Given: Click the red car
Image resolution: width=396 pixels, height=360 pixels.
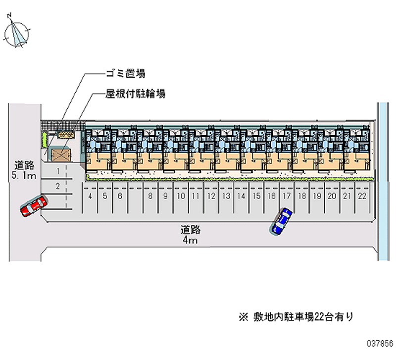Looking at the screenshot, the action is tap(34, 205).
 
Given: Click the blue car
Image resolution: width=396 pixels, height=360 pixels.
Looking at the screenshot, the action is tap(281, 220).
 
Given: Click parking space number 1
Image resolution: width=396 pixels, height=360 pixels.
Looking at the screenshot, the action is tap(58, 171).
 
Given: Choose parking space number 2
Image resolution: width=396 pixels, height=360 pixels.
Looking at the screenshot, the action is tap(58, 186).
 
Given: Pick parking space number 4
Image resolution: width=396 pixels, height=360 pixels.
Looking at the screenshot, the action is tap(90, 196).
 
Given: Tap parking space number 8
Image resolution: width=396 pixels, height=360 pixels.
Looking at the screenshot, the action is tap(150, 196).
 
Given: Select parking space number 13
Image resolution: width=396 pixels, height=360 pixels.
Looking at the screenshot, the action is tap(226, 196).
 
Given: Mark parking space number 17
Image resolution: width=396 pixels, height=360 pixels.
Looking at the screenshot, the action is tap(286, 196).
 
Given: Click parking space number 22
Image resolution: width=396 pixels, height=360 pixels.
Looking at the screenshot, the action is tap(362, 196).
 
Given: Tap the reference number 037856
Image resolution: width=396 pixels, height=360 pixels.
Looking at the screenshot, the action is tap(378, 342).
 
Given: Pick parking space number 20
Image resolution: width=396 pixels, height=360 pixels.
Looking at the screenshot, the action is tap(332, 196).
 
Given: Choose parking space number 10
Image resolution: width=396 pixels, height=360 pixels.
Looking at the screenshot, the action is tap(181, 196).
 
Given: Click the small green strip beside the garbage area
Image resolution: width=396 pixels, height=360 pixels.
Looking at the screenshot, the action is tap(43, 140).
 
